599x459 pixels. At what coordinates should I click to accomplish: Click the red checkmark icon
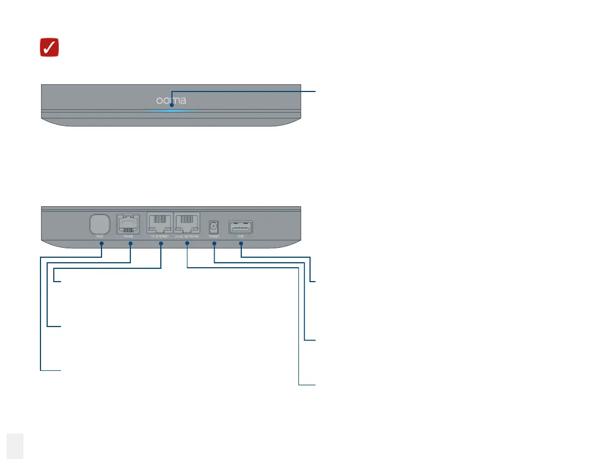[x=50, y=48]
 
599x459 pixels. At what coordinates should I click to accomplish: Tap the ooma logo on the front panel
[x=171, y=101]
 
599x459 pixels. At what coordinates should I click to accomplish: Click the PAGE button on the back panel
[x=100, y=225]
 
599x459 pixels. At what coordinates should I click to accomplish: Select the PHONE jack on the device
[x=128, y=225]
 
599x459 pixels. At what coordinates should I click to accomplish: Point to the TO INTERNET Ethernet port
[x=160, y=225]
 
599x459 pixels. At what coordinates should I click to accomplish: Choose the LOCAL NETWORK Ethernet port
[x=187, y=225]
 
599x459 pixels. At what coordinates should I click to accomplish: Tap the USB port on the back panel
[x=241, y=227]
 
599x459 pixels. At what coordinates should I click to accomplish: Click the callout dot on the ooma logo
[x=171, y=104]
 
